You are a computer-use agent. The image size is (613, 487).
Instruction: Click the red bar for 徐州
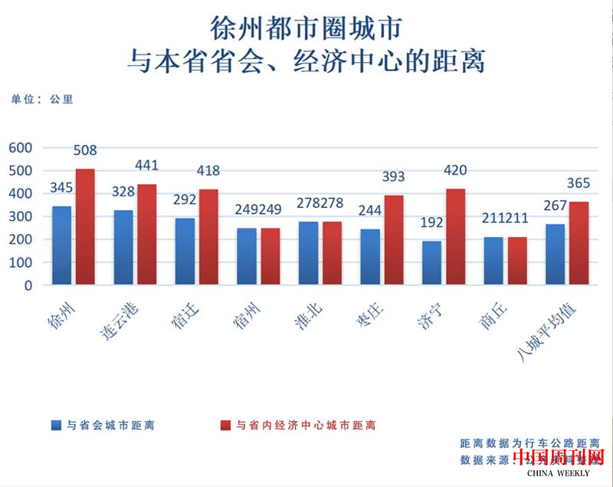tap(85, 226)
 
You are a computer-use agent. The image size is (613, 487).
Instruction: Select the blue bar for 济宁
tap(431, 262)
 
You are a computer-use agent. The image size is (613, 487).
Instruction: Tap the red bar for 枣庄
tap(393, 239)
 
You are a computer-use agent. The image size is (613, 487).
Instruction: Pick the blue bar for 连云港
tap(123, 247)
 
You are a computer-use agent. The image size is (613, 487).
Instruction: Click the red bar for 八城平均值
tap(579, 242)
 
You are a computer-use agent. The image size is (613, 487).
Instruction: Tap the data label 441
tap(148, 165)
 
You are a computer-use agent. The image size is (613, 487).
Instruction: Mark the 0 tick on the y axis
tap(28, 285)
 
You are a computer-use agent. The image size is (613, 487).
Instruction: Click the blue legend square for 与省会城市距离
tap(55, 425)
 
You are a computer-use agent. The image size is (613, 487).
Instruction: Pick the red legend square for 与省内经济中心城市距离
tap(225, 425)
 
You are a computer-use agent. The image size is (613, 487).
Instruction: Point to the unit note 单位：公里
tap(41, 100)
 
